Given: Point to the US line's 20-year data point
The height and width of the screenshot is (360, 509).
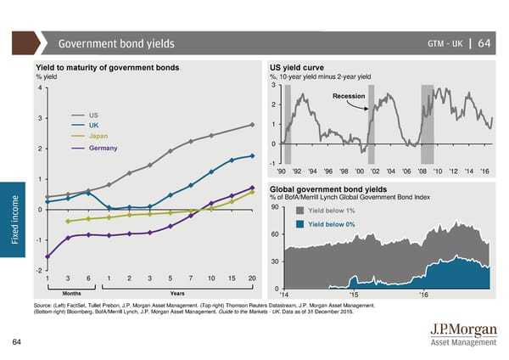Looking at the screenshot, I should (253, 125).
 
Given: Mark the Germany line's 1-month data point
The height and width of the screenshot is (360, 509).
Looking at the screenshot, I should (48, 256).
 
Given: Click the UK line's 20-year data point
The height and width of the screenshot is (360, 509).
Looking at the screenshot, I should (253, 156).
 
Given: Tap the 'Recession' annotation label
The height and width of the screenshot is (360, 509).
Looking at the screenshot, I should (349, 96).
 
